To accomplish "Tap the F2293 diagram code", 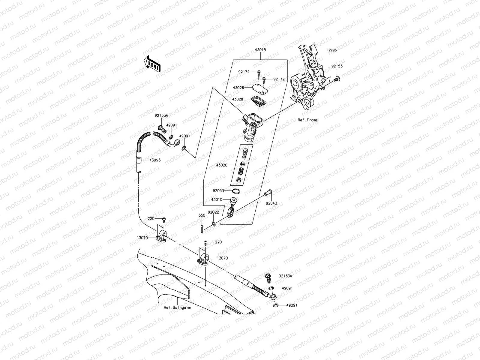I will click(x=331, y=50).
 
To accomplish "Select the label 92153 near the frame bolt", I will click(x=337, y=66).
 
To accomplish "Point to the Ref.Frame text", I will click(x=307, y=120).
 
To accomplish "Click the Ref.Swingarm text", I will click(x=177, y=307).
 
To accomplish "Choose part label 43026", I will click(x=238, y=88).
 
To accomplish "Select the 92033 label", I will click(x=219, y=190).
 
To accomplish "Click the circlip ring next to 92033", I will click(x=236, y=191).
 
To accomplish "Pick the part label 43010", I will click(x=217, y=199).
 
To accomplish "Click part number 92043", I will click(x=271, y=203).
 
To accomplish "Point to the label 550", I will click(x=202, y=215).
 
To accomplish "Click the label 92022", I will click(x=214, y=212).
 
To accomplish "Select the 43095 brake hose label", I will click(x=155, y=160).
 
